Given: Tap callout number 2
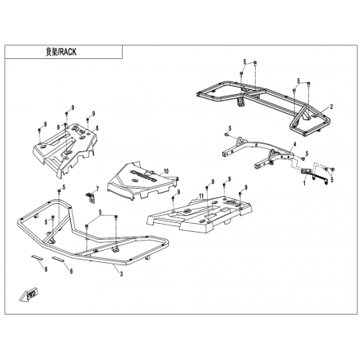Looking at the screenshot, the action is tap(331, 107).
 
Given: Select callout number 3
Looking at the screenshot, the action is tap(121, 274).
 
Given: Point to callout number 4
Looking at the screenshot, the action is tap(294, 144).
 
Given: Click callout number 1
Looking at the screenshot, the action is tap(304, 183).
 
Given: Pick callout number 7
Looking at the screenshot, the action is tap(97, 189).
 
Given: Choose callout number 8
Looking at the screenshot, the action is tap(97, 128).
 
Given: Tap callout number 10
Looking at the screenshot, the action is tap(166, 171).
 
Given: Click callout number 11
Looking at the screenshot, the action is tap(201, 196).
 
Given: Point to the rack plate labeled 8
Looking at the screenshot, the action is tap(65, 148).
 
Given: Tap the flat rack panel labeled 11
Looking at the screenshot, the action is tap(199, 213).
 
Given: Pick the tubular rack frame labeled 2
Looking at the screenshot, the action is tap(263, 106).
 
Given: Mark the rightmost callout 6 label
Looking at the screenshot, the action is tap(71, 271).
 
